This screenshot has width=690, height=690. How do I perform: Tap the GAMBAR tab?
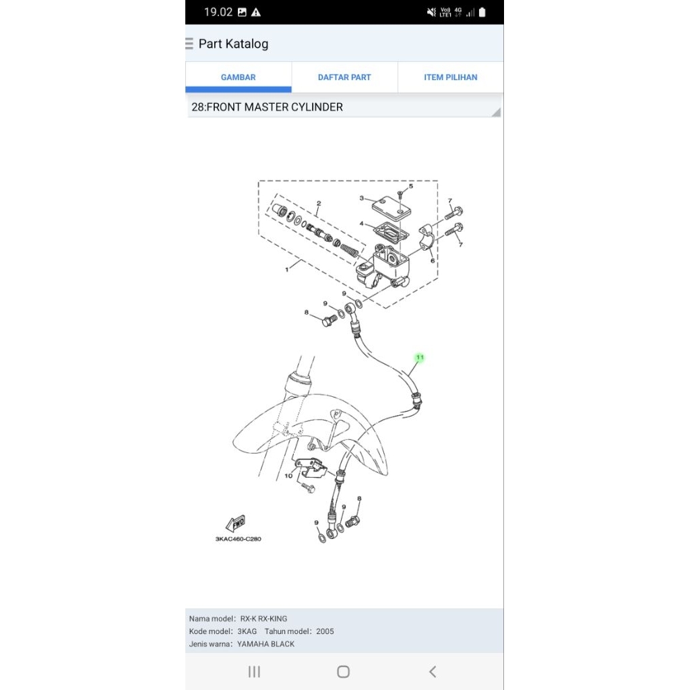[238, 77]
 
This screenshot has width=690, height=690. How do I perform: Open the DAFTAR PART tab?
[344, 77]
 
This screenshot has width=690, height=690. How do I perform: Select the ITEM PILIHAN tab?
[450, 77]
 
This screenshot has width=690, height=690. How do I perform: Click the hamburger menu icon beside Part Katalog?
[189, 44]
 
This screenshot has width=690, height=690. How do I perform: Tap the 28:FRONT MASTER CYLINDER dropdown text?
[267, 107]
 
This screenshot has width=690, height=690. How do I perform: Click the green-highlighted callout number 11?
[420, 357]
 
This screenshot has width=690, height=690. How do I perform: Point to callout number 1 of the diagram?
[286, 269]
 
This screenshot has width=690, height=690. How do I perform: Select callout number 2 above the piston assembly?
[318, 203]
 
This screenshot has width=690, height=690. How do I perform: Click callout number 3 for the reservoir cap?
[362, 198]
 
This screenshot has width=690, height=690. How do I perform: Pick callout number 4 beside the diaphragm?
[362, 224]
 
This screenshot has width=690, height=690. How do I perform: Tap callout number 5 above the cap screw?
[411, 186]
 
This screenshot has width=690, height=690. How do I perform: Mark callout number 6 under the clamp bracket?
[433, 261]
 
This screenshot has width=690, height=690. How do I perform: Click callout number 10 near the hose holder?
[288, 476]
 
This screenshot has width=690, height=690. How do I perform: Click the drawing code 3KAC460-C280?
[238, 539]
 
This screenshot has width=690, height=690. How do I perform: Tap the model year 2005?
[325, 631]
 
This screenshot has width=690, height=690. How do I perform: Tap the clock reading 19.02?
[218, 12]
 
